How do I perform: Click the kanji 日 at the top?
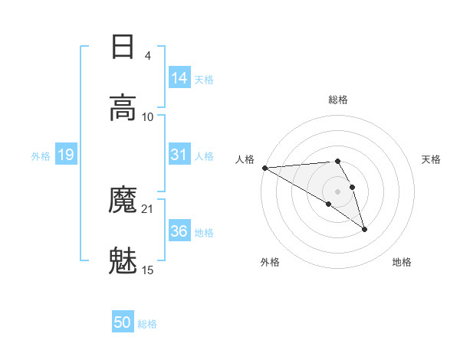pos(123,47)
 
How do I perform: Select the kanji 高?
pos(123,107)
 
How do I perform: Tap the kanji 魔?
pos(123,201)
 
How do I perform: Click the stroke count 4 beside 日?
pos(147,56)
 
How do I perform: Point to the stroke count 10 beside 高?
pos(148,116)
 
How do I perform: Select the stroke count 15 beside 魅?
pos(148,270)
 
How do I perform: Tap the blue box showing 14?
pos(179,77)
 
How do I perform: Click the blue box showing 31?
pos(179,155)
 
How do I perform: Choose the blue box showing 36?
pos(179,231)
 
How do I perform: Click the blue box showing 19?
pos(66,155)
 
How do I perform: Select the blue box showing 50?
pos(123,322)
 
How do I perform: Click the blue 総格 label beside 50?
pos(148,324)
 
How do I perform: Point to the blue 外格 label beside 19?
pos(41,156)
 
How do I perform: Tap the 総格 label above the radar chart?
pos(338,100)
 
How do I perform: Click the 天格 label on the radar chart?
pos(432,159)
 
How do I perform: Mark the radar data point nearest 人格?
pos(264,168)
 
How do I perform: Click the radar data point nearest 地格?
pos(364,229)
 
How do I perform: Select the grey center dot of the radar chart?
pos(338,191)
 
